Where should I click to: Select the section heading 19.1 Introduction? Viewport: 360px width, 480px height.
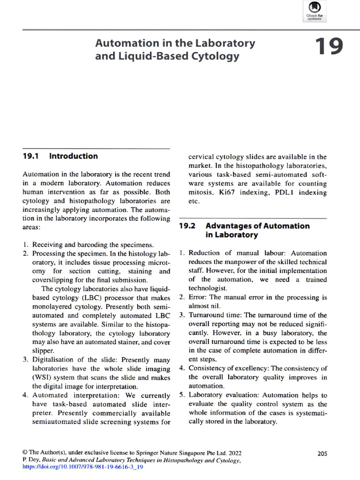point(60,156)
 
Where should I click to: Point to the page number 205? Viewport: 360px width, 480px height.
point(322,453)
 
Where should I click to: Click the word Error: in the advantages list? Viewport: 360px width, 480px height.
point(198,297)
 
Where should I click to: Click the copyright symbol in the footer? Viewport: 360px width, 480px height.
point(25,453)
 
